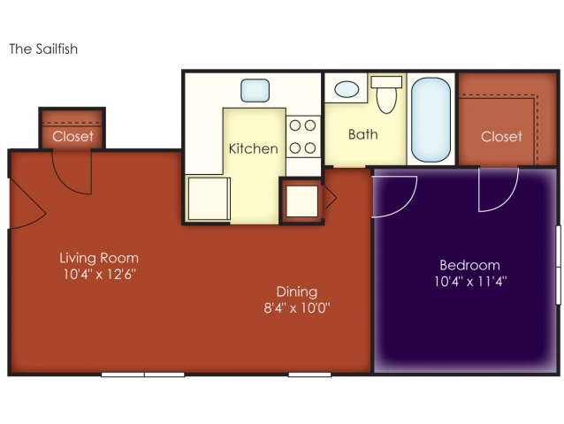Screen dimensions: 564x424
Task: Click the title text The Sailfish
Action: tap(43, 49)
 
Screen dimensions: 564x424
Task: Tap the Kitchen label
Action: tap(253, 148)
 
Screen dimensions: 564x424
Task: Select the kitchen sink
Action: tap(255, 91)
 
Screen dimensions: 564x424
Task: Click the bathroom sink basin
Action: tap(347, 89)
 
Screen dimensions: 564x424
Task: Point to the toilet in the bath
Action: tap(386, 95)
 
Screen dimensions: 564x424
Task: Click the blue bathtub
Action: tap(431, 119)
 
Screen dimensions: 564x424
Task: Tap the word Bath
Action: tap(363, 134)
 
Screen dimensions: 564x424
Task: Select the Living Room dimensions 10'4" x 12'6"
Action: tap(100, 274)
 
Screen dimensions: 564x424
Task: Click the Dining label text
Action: tap(297, 291)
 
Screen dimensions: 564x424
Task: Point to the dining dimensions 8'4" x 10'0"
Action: tap(297, 308)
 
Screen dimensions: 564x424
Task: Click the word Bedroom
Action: tap(469, 265)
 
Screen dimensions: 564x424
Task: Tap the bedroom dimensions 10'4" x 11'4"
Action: tap(470, 282)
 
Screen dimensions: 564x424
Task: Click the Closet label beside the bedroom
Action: tap(501, 137)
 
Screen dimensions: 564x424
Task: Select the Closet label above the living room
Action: tap(72, 136)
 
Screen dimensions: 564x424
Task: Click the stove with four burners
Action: tap(303, 137)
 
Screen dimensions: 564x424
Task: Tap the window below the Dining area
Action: tap(309, 375)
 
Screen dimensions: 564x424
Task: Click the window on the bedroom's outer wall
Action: tap(558, 265)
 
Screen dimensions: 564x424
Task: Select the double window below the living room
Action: tap(143, 375)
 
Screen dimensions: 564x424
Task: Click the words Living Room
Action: tap(99, 258)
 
